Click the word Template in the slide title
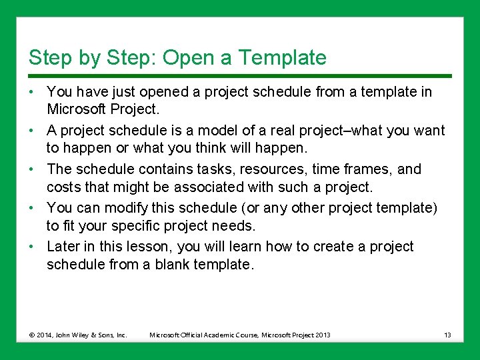[x=283, y=58]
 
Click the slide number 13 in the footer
[x=447, y=335]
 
